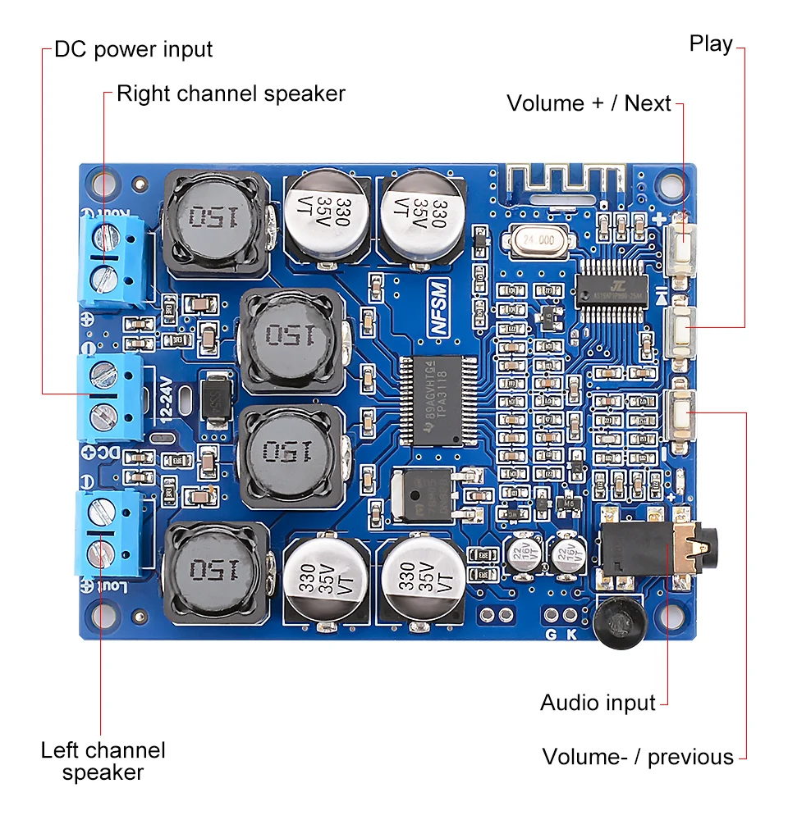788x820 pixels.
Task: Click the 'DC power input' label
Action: point(133,49)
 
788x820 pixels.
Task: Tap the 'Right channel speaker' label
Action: point(231,93)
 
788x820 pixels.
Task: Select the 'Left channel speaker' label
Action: point(103,760)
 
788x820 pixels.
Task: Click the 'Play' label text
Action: point(711,43)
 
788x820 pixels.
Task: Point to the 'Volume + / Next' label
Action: point(589,103)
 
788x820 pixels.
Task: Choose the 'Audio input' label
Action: point(598,703)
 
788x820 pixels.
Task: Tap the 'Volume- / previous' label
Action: point(638,756)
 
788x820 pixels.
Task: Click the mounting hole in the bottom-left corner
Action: point(102,613)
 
